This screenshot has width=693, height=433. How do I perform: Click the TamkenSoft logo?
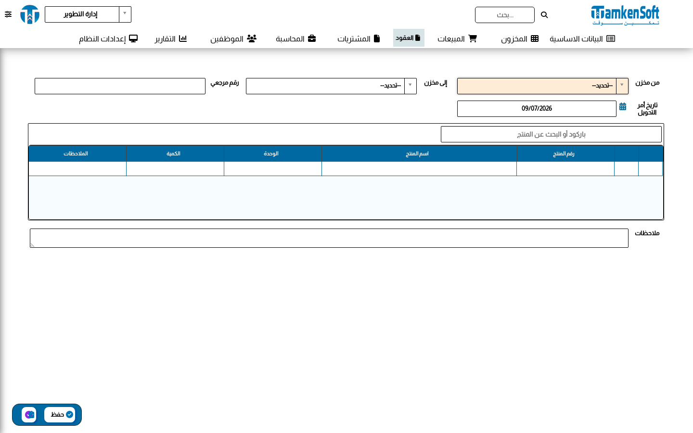[625, 15]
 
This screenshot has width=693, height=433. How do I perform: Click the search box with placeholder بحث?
[504, 15]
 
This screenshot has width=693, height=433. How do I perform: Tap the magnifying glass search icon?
[544, 15]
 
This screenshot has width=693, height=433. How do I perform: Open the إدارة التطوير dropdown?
[88, 14]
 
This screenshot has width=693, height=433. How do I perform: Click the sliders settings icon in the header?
[8, 14]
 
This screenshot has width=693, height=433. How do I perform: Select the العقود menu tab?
[409, 38]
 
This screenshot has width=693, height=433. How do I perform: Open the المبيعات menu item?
[457, 38]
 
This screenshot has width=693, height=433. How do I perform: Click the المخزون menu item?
[520, 38]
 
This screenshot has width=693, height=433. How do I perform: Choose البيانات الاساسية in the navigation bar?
[582, 38]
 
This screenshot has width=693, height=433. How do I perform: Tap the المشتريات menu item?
[359, 38]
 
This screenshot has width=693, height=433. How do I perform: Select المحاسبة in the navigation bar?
[296, 38]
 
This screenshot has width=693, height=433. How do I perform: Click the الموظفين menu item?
[233, 38]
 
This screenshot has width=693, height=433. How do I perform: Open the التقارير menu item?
[171, 38]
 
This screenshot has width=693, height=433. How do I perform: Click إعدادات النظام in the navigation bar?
[108, 38]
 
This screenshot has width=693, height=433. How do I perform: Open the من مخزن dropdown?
[543, 86]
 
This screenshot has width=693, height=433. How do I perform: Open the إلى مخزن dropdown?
[331, 86]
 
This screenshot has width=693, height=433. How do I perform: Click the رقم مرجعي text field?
[120, 86]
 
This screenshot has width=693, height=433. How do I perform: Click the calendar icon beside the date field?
[623, 107]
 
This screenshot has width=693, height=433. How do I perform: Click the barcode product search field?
[551, 134]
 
